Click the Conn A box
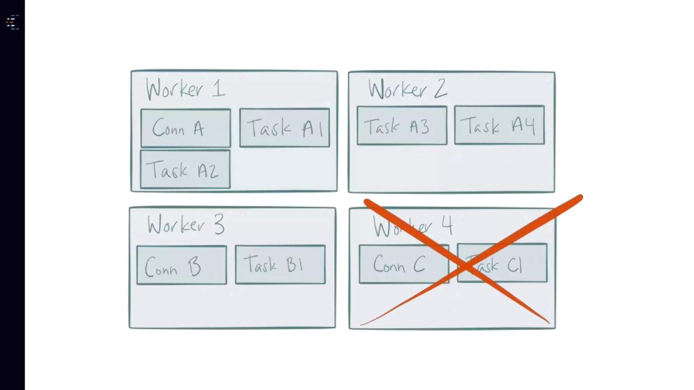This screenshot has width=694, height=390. [x=186, y=128]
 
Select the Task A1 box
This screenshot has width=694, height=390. [x=284, y=128]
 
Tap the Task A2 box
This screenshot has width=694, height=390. [x=185, y=169]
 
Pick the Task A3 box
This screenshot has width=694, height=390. [x=402, y=126]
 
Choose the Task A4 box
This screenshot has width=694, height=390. [x=499, y=125]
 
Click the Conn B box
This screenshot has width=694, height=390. [x=182, y=265]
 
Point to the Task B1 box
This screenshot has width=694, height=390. [x=280, y=264]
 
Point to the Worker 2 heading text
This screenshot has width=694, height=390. [x=408, y=89]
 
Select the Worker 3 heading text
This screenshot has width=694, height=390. [x=186, y=225]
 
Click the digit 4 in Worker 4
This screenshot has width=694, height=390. [x=447, y=225]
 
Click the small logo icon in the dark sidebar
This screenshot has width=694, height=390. [x=12, y=22]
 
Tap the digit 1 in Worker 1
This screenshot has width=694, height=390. [x=219, y=88]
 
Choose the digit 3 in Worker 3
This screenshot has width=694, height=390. [x=219, y=224]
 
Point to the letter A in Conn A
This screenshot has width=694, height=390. [x=199, y=129]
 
